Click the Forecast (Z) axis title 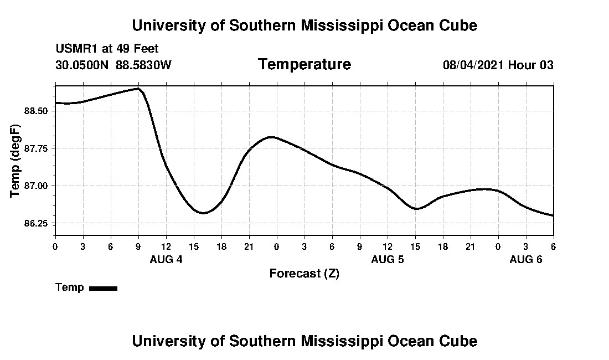[x=304, y=274]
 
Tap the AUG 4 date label [x=166, y=259]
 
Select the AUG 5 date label [x=388, y=259]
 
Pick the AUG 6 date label [x=526, y=259]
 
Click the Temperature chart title [x=304, y=64]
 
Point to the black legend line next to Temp [x=104, y=288]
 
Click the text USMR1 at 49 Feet [x=107, y=49]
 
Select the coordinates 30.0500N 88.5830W [x=113, y=65]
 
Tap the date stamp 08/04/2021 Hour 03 [x=498, y=65]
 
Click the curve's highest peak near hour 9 [x=137, y=89]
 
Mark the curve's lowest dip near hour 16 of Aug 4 [x=203, y=213]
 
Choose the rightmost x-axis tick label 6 [x=553, y=246]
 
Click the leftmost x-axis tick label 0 [x=55, y=246]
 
